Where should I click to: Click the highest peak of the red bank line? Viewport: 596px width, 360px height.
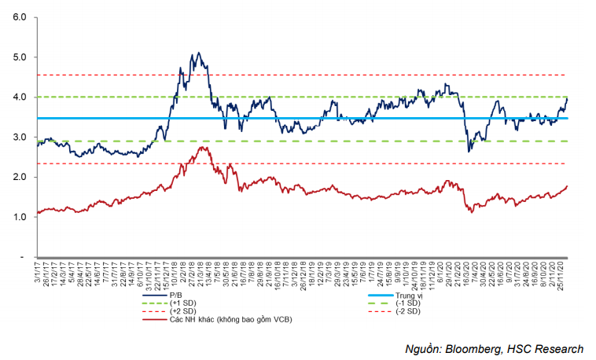coord(202,147)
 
